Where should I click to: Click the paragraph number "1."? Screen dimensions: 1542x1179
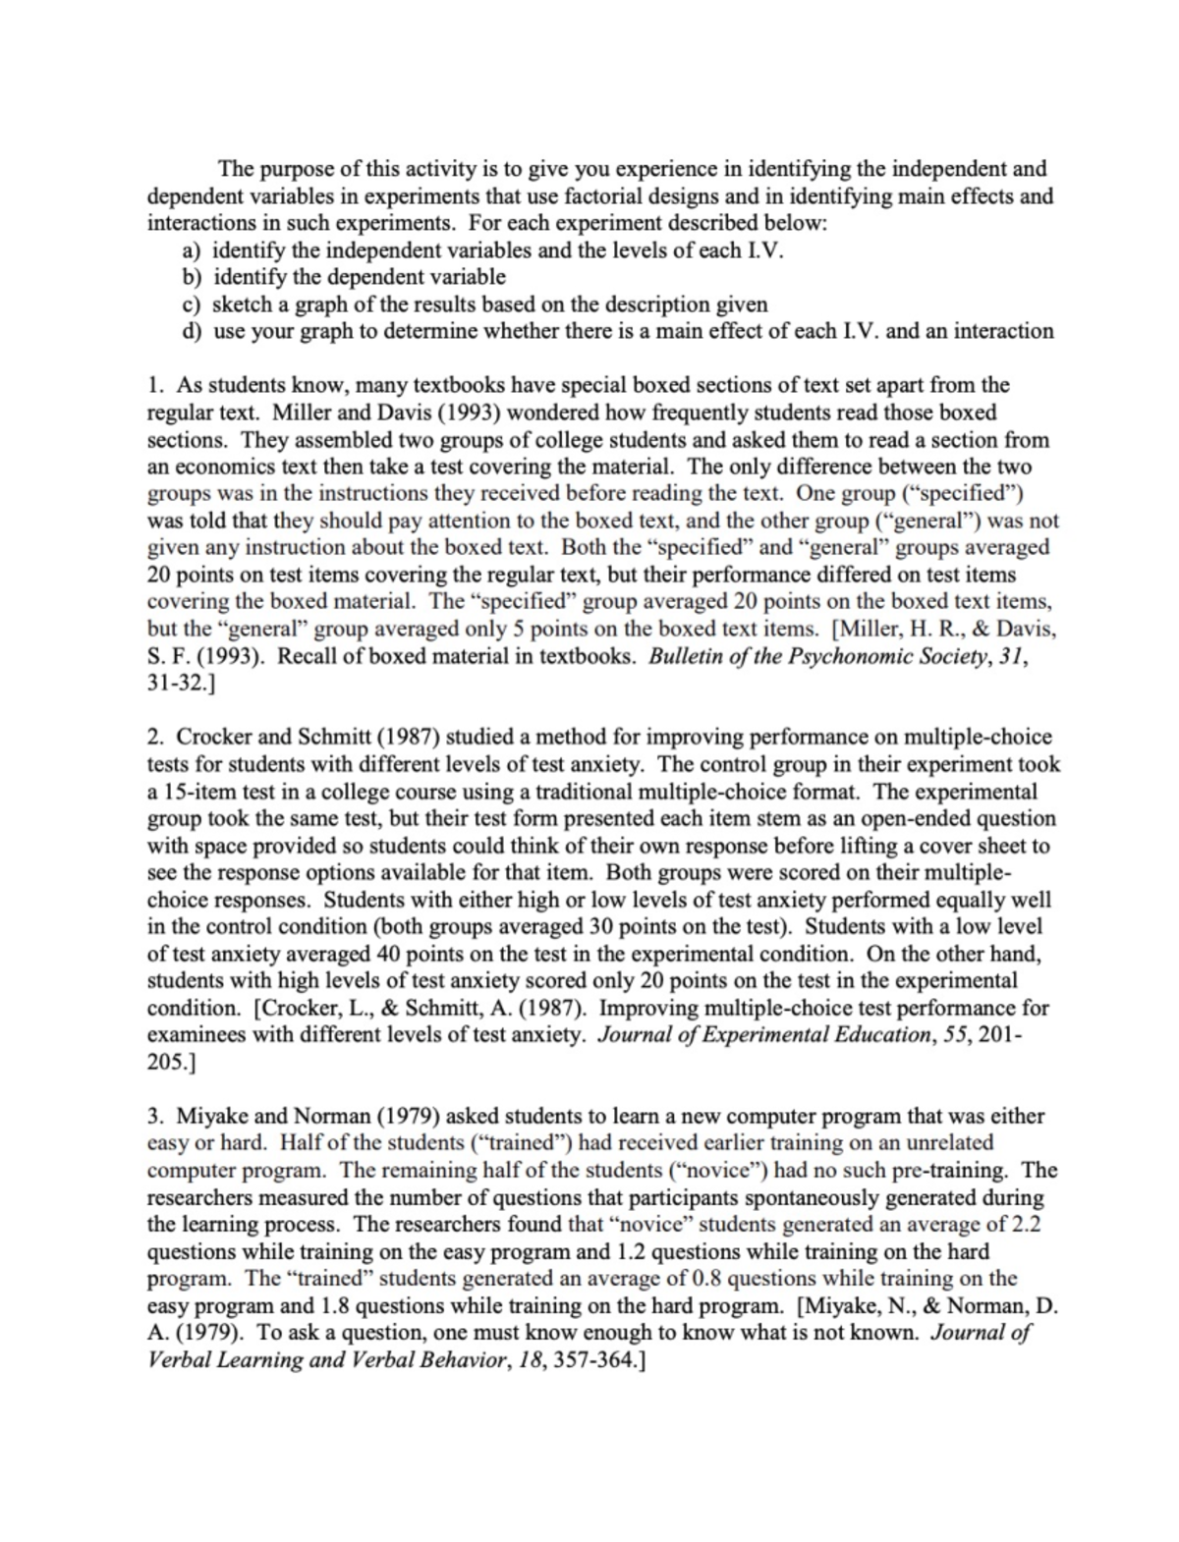click(155, 385)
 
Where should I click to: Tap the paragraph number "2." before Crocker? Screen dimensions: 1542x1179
click(155, 737)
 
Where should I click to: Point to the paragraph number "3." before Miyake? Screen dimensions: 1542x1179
click(155, 1117)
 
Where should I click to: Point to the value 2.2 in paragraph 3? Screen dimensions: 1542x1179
click(1025, 1225)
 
